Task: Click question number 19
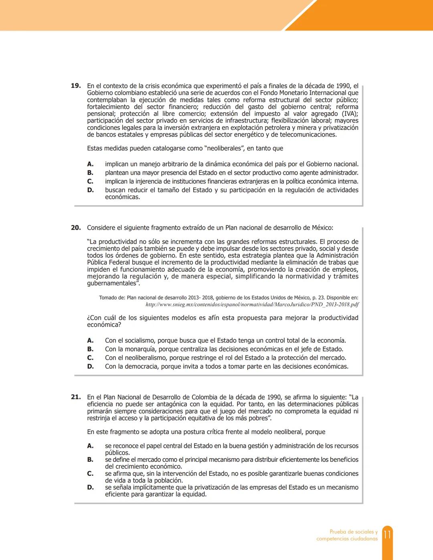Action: coord(76,86)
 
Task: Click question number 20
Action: coord(76,228)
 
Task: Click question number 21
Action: coord(76,397)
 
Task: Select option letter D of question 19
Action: coord(91,190)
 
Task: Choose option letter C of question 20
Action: coord(91,358)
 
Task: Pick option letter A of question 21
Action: coord(91,446)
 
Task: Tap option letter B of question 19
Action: coord(91,173)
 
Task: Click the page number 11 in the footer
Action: coord(387,535)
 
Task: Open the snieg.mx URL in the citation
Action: coord(252,305)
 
